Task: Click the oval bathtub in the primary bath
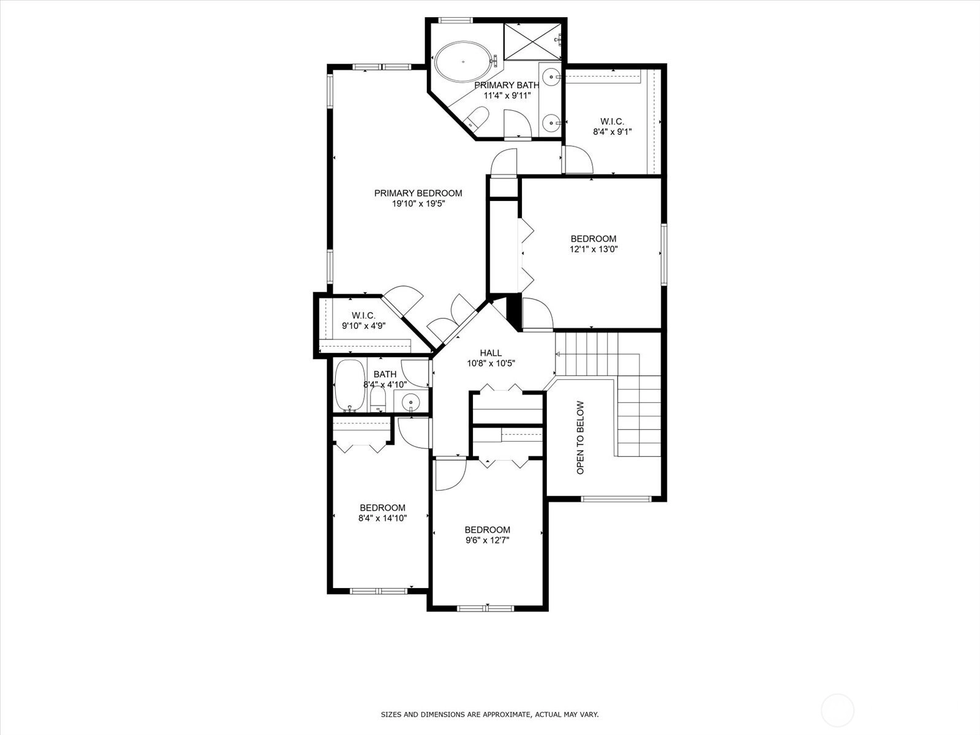[x=463, y=61]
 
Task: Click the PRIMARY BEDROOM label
[x=418, y=193]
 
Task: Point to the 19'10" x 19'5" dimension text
[x=418, y=204]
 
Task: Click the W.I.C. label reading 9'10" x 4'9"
[x=363, y=320]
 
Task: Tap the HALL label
[x=491, y=353]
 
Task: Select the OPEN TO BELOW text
[x=580, y=438]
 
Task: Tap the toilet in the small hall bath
[x=378, y=399]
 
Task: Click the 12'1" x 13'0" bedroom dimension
[x=594, y=249]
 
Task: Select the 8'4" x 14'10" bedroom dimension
[x=383, y=518]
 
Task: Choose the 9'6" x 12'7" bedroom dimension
[x=487, y=540]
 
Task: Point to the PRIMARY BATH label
[x=507, y=85]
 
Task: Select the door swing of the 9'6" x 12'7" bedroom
[x=450, y=475]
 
